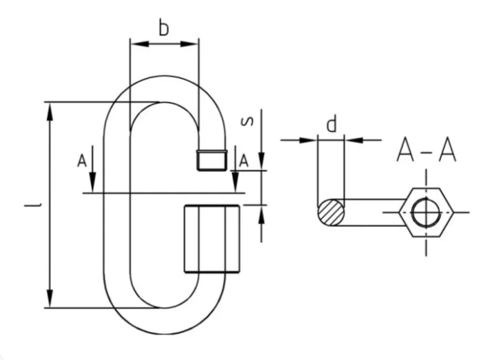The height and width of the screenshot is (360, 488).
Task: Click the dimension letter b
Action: tap(163, 28)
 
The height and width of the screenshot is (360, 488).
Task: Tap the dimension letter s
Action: tap(250, 122)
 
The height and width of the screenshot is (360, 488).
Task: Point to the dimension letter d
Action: tap(332, 124)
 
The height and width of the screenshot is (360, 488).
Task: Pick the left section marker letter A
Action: tap(82, 161)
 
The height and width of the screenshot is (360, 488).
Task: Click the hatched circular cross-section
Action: tap(330, 211)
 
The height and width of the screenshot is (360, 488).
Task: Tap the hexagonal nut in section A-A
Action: tap(427, 212)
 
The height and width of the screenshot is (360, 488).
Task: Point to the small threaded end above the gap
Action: tap(212, 159)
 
